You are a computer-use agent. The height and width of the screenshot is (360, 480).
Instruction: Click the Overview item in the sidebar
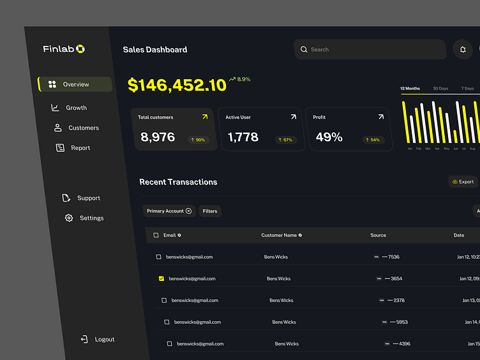[75, 84]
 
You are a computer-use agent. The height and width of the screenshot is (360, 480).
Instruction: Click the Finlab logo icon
[80, 49]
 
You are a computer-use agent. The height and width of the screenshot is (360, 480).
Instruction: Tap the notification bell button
[463, 49]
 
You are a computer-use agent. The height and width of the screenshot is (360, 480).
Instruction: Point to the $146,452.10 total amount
[177, 85]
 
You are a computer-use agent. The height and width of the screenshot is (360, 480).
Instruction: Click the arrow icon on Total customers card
[205, 117]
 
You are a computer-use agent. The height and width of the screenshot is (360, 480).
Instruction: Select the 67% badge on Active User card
[285, 140]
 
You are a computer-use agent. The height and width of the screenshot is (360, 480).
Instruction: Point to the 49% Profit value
[329, 137]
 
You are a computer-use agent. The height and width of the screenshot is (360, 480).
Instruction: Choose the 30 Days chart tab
[440, 89]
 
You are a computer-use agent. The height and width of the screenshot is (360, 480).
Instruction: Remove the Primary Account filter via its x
[188, 211]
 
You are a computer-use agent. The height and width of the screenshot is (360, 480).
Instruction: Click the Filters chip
[210, 211]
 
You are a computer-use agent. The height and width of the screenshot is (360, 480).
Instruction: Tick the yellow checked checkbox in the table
[161, 279]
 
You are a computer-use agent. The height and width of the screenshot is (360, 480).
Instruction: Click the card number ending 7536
[391, 257]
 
